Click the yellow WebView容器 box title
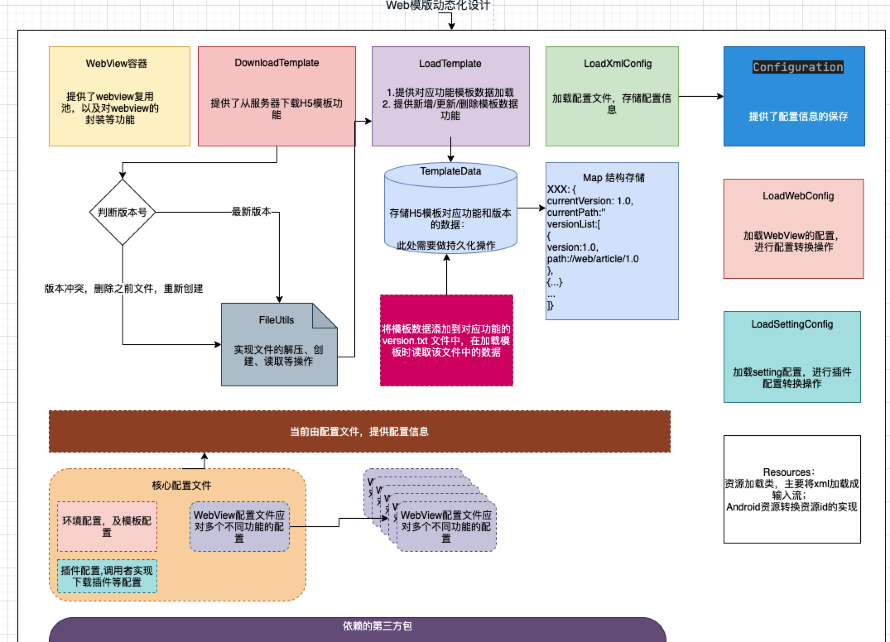click(x=116, y=63)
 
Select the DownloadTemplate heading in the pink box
click(x=277, y=63)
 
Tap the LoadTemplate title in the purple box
click(x=450, y=63)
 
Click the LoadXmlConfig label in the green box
click(x=618, y=63)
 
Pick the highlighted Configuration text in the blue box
click(x=798, y=67)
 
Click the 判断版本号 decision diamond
click(x=122, y=212)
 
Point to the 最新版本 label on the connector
click(x=251, y=212)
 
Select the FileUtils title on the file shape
click(x=276, y=320)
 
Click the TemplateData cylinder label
click(x=450, y=171)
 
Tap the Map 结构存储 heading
click(x=613, y=177)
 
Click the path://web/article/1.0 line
click(x=593, y=259)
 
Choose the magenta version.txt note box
click(x=446, y=340)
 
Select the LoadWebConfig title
click(x=798, y=196)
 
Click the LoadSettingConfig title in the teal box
click(x=792, y=324)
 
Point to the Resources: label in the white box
click(x=789, y=472)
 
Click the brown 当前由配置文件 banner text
click(x=359, y=432)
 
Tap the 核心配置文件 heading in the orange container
click(x=181, y=485)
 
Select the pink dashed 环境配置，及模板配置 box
click(x=107, y=526)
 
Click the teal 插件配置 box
click(x=107, y=576)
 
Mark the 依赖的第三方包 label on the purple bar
click(x=377, y=626)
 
